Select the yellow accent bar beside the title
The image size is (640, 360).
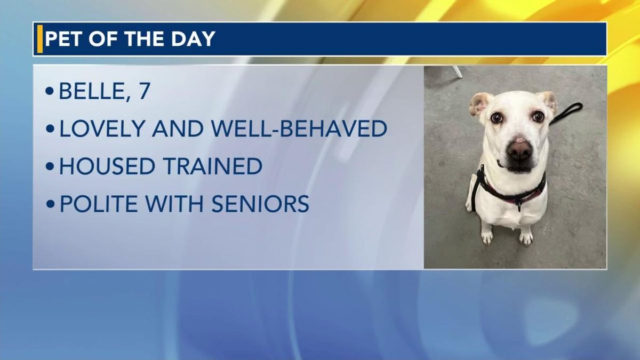[x=40, y=39]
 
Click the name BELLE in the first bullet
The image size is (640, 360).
[x=92, y=91]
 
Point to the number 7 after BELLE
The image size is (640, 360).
[x=145, y=91]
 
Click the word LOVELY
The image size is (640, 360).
[x=102, y=129]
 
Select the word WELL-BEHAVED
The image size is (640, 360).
[x=299, y=129]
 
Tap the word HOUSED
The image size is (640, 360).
[x=107, y=166]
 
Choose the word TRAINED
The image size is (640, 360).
[x=213, y=166]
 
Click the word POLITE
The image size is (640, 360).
[x=99, y=204]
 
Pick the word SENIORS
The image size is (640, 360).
[x=260, y=204]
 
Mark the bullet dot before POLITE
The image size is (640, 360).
[x=50, y=204]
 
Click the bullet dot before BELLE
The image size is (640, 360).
[x=50, y=91]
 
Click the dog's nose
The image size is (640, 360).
[x=519, y=150]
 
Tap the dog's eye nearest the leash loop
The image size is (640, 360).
[x=538, y=116]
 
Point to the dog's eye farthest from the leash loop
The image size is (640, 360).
[x=497, y=117]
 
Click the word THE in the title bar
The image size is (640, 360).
[x=146, y=39]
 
